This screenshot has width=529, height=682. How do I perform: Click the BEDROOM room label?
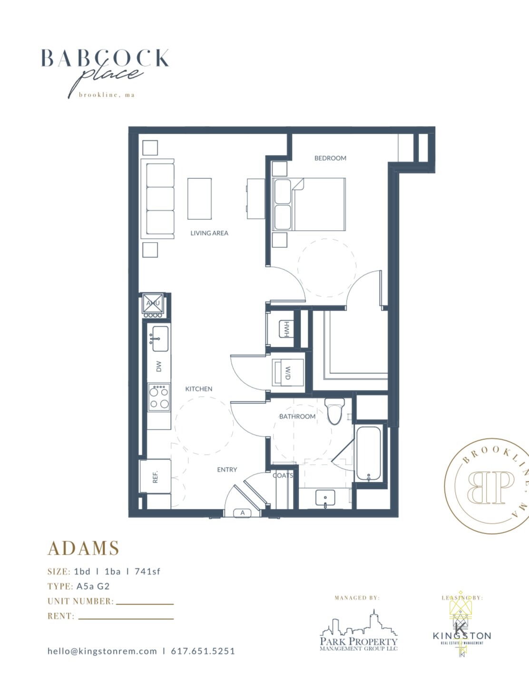[330, 158]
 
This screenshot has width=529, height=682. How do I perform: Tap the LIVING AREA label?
[209, 233]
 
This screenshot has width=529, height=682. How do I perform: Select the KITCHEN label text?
[199, 389]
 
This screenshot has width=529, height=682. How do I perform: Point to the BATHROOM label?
[297, 417]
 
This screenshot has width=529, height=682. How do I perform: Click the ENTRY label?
[227, 470]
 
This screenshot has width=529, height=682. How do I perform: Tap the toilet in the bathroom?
[335, 411]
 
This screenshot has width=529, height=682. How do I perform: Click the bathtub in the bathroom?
[368, 453]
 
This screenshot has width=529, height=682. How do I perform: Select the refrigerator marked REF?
[155, 477]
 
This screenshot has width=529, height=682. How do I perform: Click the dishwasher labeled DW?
[159, 366]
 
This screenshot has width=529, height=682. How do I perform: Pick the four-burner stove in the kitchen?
[159, 397]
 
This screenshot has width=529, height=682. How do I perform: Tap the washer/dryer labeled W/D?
[288, 372]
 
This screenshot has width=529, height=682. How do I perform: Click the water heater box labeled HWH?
[286, 329]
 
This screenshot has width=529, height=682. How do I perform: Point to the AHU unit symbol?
[153, 303]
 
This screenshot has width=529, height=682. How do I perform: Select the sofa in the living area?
[158, 198]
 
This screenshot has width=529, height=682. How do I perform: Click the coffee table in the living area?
[199, 199]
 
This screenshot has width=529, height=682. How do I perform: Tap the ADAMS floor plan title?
[83, 548]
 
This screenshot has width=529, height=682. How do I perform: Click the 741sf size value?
[147, 572]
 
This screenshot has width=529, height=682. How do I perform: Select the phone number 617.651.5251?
[203, 651]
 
